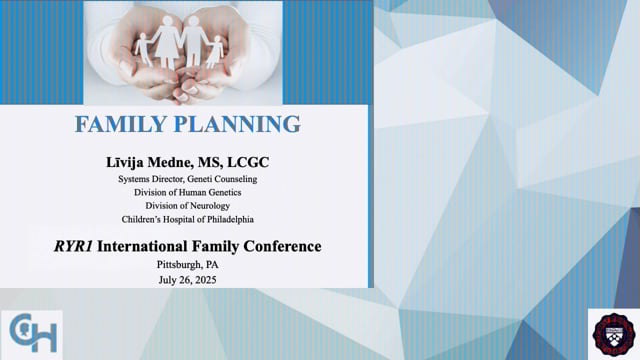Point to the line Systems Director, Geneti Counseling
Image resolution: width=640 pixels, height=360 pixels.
(188, 179)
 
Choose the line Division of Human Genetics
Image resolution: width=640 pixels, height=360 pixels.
(188, 192)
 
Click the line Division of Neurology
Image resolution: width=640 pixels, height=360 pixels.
(188, 205)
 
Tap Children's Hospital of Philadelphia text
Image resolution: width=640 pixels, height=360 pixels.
(188, 218)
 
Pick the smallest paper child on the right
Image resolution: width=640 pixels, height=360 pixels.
(215, 50)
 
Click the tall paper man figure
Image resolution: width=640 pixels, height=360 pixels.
(192, 38)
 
